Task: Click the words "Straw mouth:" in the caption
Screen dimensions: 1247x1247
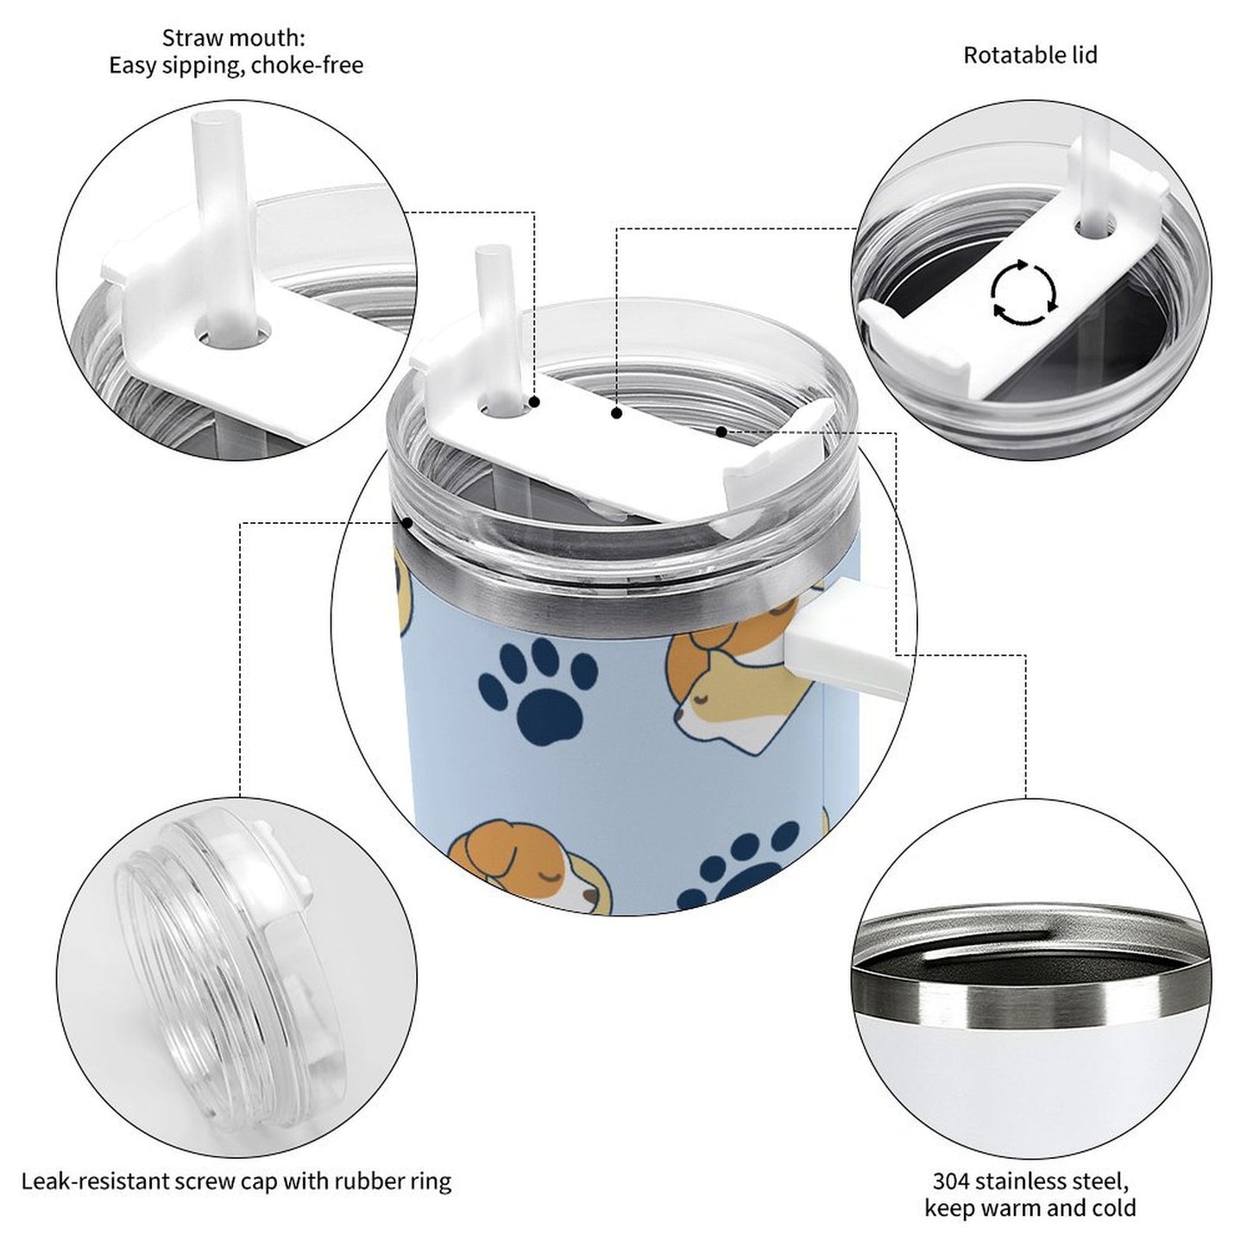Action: tap(234, 38)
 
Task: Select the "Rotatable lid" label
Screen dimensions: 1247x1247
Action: tap(1030, 55)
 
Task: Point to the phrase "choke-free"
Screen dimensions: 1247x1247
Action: tap(307, 66)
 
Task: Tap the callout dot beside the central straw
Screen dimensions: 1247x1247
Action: tap(534, 402)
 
